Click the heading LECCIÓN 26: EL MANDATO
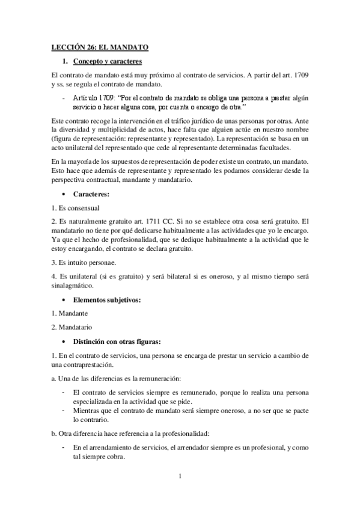[x=99, y=46]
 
